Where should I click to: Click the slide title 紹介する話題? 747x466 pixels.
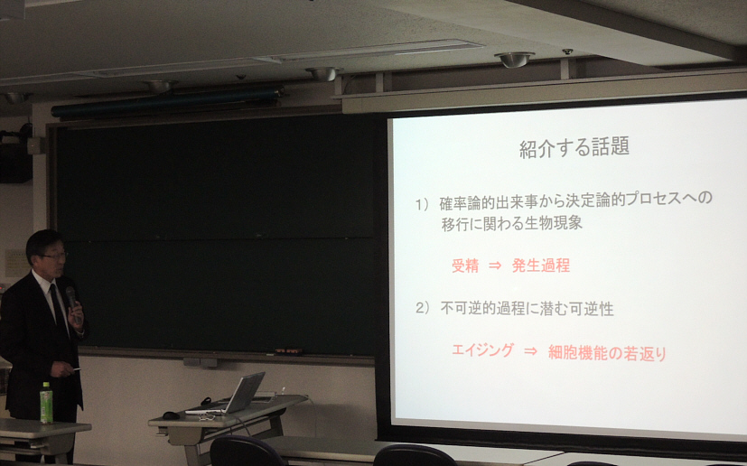point(574,147)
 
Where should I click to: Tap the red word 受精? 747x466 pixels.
point(465,266)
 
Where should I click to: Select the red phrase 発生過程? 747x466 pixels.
point(541,266)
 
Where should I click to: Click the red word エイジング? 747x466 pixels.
point(482,350)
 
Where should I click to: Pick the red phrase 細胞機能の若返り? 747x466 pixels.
point(607,353)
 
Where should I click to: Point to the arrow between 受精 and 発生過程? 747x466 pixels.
point(495,266)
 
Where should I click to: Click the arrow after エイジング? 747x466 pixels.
point(531,351)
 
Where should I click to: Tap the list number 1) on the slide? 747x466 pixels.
point(423,204)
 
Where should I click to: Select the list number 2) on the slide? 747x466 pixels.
point(423,308)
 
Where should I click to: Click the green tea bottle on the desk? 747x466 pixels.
point(46,403)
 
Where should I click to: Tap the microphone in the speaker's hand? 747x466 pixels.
point(72,301)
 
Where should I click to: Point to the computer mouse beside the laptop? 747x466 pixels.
point(171,415)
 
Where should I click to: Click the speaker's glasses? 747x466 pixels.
point(52,256)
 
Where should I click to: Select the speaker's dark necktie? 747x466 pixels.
point(58,306)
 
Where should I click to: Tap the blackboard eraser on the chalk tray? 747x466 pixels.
point(288,351)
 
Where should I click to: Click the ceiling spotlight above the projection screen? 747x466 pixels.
point(515,60)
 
